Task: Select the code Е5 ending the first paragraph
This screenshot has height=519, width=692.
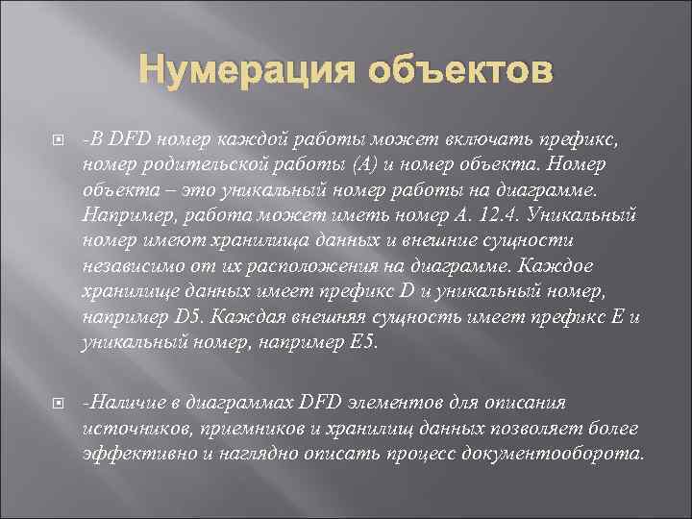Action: tap(364, 342)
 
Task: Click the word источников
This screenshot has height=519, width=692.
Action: tap(126, 427)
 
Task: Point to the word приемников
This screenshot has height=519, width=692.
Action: tap(241, 427)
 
